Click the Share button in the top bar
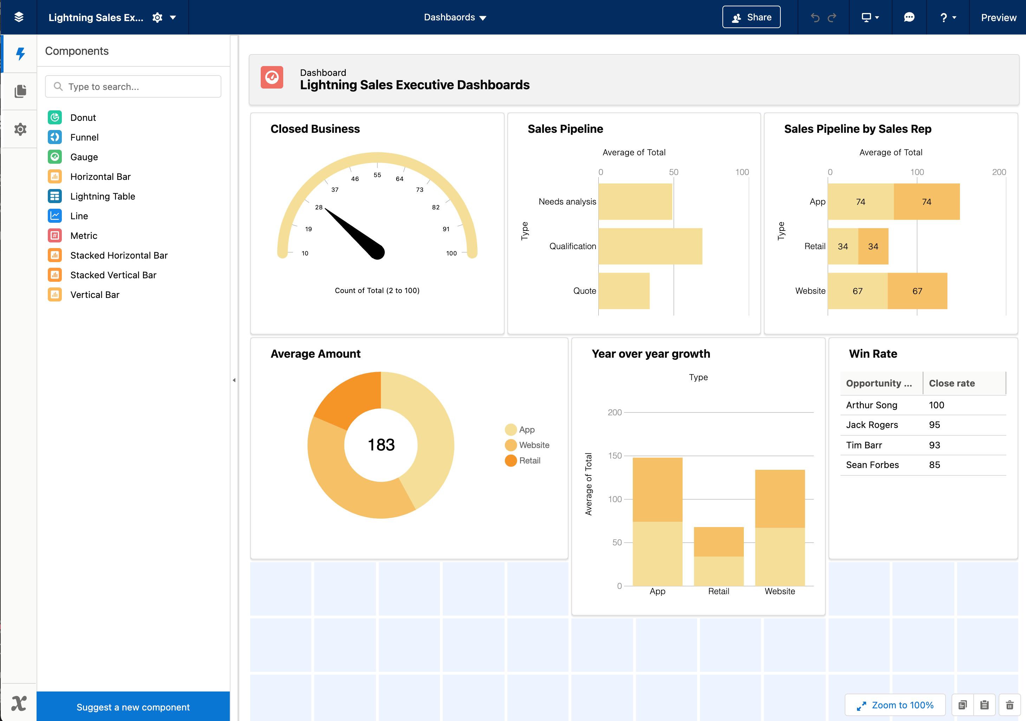coord(751,18)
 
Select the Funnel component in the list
coord(84,137)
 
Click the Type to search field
coord(133,87)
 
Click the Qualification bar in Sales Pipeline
coord(650,246)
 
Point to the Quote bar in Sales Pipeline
coord(624,291)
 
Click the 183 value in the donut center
coord(381,445)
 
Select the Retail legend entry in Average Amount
coord(529,460)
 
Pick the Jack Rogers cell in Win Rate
coord(872,425)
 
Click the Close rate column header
coord(952,383)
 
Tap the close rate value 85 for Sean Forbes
coord(934,465)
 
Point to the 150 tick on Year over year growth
coord(615,455)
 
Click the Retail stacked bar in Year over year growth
coord(719,557)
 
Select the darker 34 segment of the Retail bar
coord(873,246)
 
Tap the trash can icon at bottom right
coord(1009,705)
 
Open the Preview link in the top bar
coord(998,18)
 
